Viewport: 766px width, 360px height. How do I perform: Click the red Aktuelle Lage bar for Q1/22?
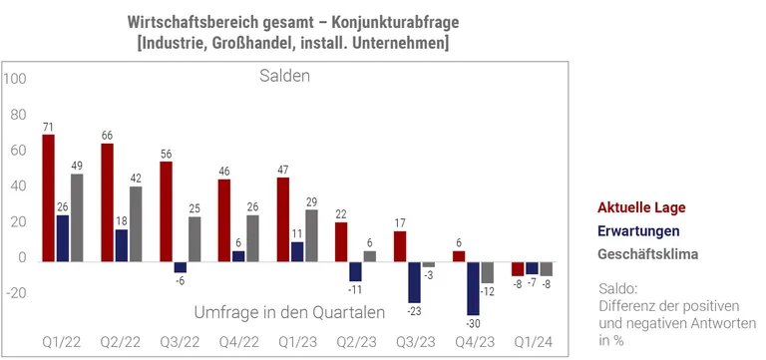[x=48, y=198]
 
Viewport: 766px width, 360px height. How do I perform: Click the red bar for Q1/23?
[x=283, y=219]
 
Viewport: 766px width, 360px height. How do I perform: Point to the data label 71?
[x=48, y=128]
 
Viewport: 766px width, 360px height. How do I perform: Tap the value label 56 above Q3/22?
[x=166, y=155]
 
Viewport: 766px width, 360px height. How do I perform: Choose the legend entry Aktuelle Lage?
[x=641, y=207]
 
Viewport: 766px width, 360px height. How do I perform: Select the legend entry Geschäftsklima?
[x=647, y=253]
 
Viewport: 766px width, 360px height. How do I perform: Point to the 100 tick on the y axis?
[x=16, y=79]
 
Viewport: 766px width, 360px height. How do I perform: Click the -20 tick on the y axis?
[x=16, y=293]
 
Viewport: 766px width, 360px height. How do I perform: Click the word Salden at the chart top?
[x=285, y=77]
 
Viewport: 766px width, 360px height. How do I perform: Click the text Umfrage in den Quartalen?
[x=289, y=312]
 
